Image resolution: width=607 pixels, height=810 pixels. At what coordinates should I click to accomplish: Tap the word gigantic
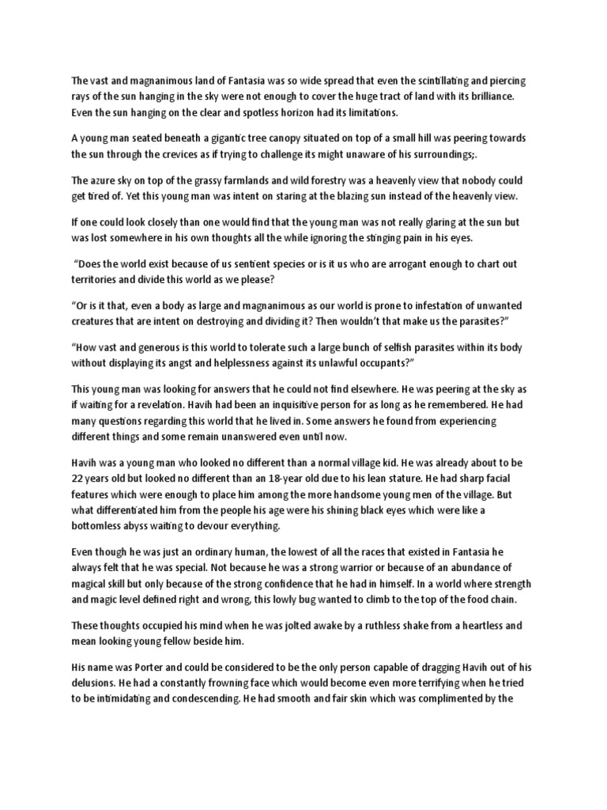225,138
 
